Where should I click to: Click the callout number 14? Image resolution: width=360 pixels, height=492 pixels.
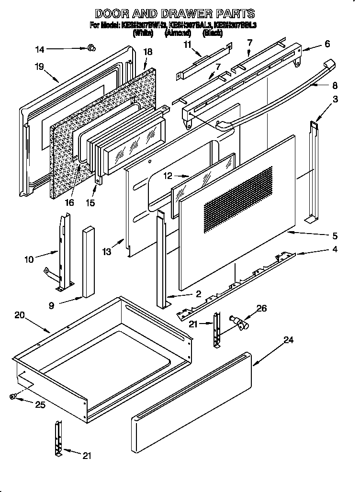click(x=40, y=48)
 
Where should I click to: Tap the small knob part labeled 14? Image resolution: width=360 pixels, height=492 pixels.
click(x=91, y=47)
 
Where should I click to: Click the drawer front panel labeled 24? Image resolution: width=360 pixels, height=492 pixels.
click(x=191, y=399)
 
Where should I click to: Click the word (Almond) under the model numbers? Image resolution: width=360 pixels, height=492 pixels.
click(x=178, y=33)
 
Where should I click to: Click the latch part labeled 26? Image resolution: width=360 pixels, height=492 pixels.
click(x=237, y=323)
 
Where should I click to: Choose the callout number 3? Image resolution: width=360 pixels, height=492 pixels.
click(x=336, y=100)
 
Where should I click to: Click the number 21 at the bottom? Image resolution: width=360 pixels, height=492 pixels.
click(x=86, y=455)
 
